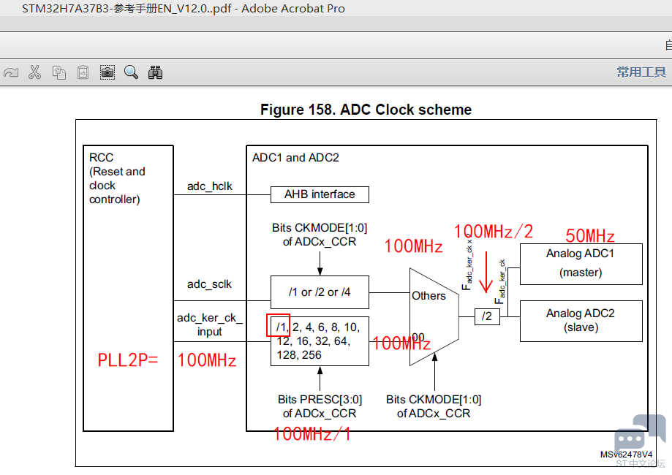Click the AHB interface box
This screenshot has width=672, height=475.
point(320,194)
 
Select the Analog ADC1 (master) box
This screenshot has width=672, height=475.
point(581,264)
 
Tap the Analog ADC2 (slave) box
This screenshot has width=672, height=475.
point(581,321)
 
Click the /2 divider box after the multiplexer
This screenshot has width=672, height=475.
point(486,316)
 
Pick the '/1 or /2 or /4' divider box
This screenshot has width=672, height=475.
point(320,292)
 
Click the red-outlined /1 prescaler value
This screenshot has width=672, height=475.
point(279,326)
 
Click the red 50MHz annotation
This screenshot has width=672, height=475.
point(589,237)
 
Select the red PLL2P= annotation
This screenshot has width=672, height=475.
point(128,360)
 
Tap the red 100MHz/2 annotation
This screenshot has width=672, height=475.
point(494,232)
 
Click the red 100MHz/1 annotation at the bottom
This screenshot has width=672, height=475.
point(312,435)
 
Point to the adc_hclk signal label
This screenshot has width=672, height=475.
point(209,186)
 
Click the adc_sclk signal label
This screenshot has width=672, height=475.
point(209,284)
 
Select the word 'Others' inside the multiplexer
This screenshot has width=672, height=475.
point(429,296)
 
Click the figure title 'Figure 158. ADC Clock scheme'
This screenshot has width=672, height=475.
point(366,110)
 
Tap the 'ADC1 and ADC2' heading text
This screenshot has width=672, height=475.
point(295,158)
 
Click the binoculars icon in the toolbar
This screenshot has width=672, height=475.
point(155,72)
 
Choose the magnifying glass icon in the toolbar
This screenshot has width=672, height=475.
point(131,72)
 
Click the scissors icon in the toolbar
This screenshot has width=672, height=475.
point(34,72)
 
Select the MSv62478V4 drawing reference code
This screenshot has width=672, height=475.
point(626,455)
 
